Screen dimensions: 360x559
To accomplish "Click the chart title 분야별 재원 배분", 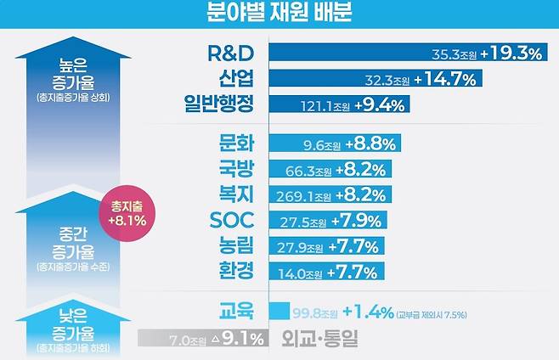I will pyautogui.click(x=279, y=13).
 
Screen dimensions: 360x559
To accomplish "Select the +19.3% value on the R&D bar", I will pyautogui.click(x=511, y=53).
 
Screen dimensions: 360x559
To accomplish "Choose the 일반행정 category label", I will pyautogui.click(x=221, y=104).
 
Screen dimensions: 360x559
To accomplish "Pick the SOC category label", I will pyautogui.click(x=232, y=220).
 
